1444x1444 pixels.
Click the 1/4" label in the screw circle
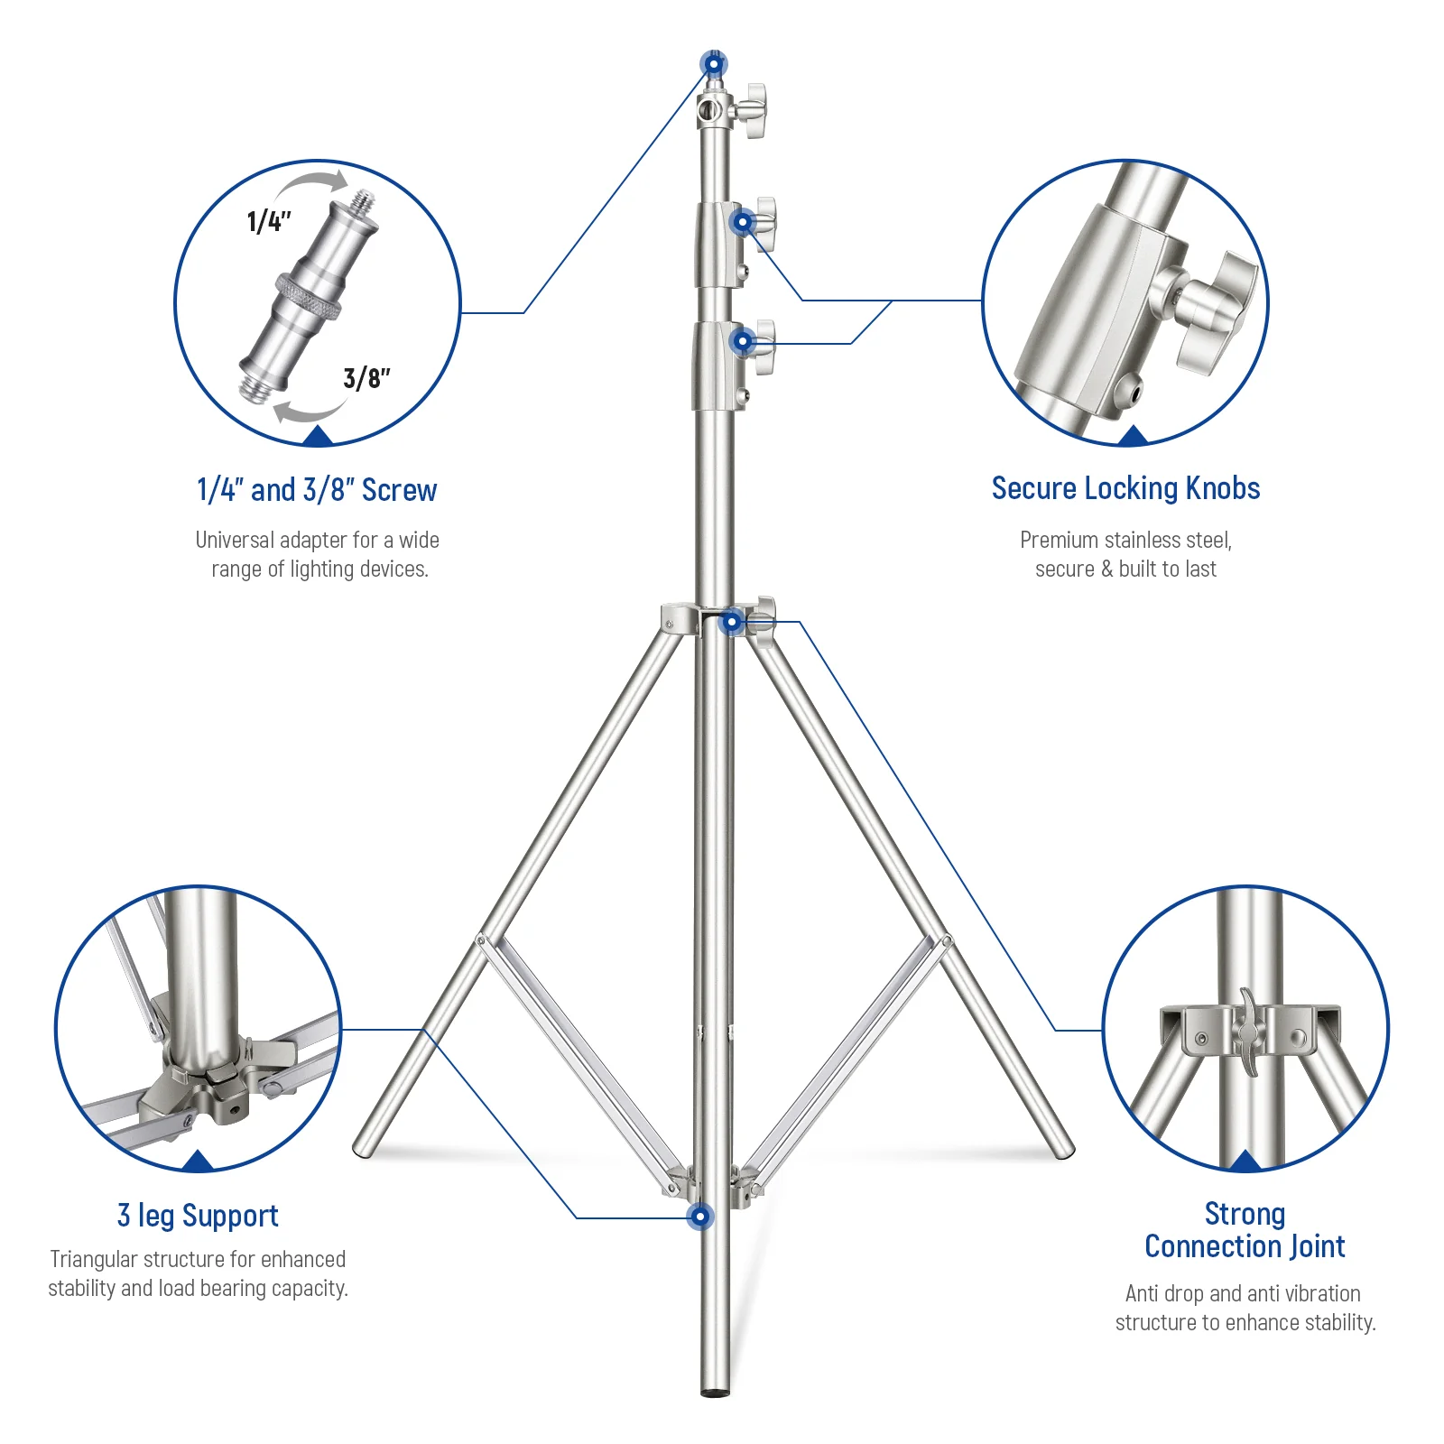[269, 221]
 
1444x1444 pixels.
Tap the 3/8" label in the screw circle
[366, 377]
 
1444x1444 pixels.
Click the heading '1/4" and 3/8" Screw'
[317, 490]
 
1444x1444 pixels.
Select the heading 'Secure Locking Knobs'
[1125, 488]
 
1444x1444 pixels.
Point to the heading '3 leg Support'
[198, 1216]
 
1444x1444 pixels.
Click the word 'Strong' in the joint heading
[1245, 1214]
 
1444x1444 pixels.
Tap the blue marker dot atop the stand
[713, 64]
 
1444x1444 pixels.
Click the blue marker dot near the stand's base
[699, 1217]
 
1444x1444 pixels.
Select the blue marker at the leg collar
[732, 622]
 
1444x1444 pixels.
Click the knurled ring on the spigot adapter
[309, 297]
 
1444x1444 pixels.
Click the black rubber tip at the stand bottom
[714, 1393]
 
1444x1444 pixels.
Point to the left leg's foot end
[363, 1149]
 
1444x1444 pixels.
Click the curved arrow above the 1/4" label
[311, 184]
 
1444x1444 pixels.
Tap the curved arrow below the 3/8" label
[308, 413]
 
